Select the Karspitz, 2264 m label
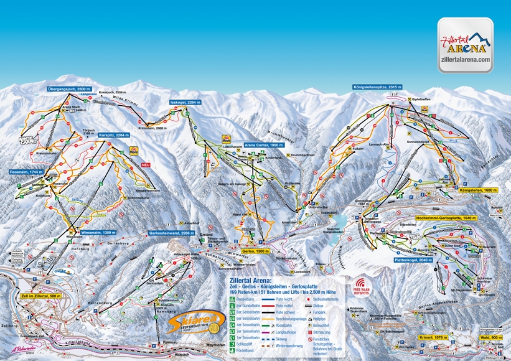(113, 135)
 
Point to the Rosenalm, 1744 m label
(27, 171)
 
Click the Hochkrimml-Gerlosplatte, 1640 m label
(433, 218)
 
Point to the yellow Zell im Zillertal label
(40, 296)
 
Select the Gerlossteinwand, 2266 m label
(172, 232)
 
